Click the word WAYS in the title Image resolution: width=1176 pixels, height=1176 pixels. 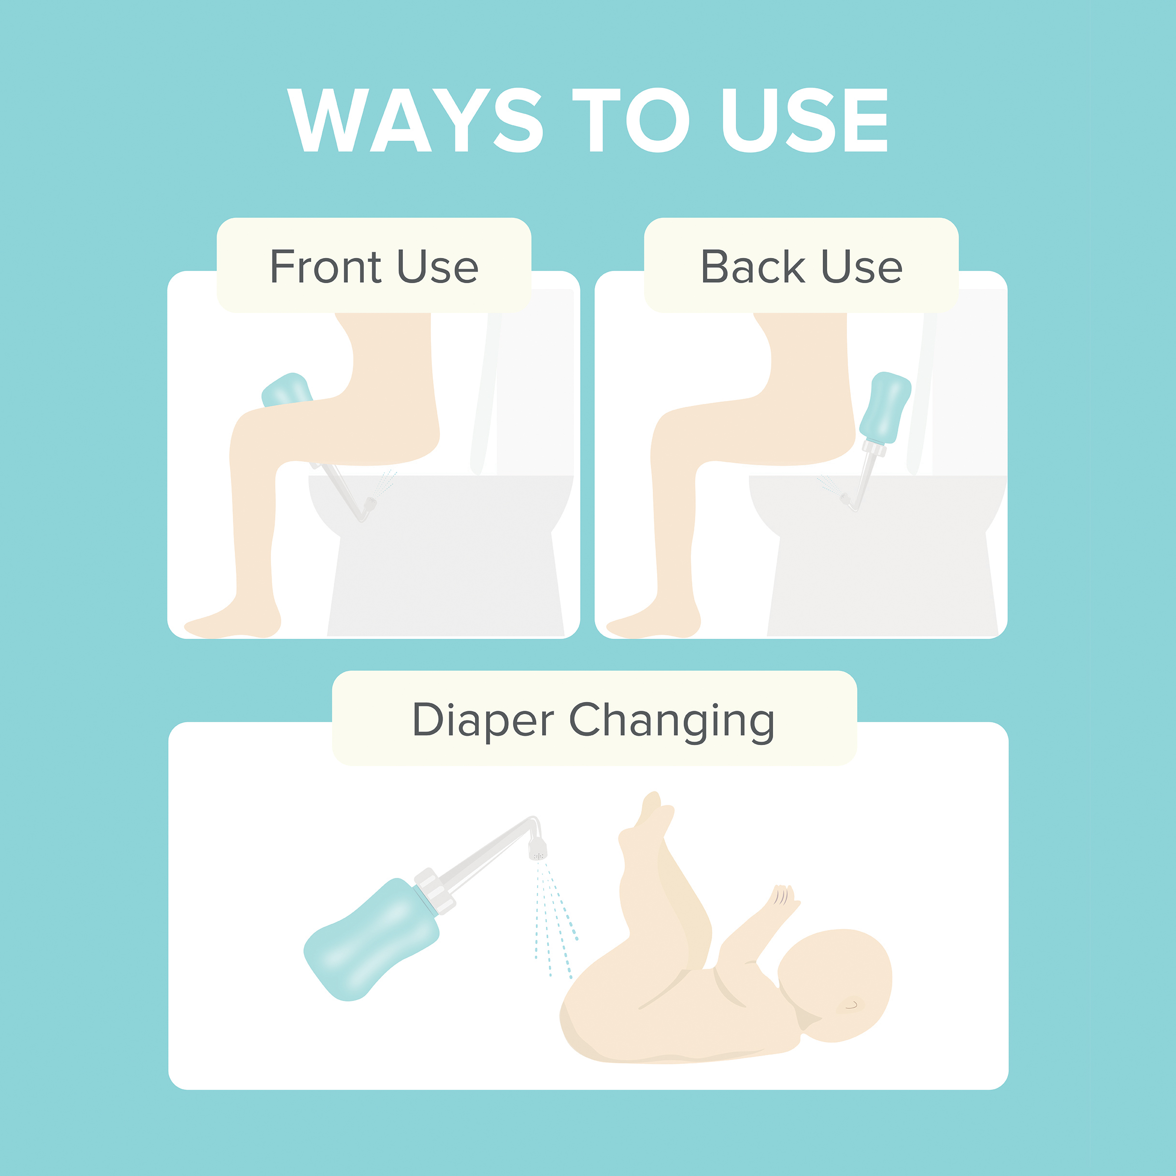415,120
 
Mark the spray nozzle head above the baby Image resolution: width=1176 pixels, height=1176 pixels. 538,848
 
